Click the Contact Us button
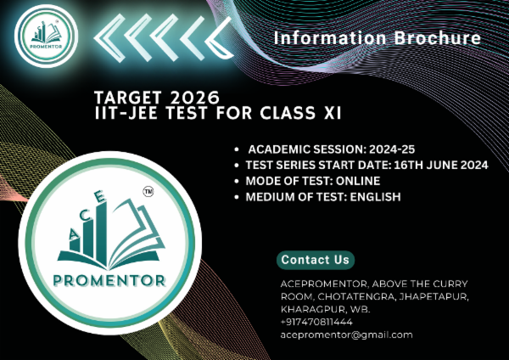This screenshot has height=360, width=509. [x=316, y=259]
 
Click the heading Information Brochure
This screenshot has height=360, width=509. [x=378, y=38]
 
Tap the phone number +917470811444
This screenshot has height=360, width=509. [x=316, y=323]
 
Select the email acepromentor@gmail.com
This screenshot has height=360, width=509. [x=346, y=335]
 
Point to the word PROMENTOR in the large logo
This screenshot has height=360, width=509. [x=108, y=280]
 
